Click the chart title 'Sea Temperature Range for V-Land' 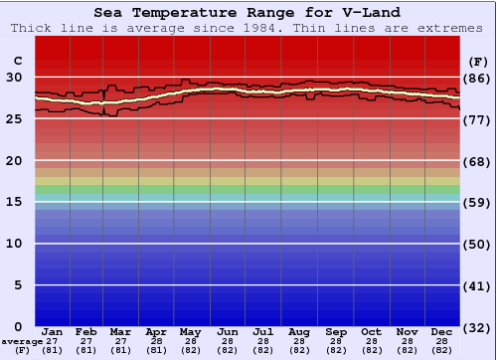coord(248,13)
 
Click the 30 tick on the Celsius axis coord(14,78)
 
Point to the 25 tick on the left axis coord(14,119)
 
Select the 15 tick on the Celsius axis coord(14,202)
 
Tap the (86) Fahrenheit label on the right coord(477,78)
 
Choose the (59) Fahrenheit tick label coord(477,202)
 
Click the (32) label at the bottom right coord(477,327)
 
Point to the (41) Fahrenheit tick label coord(477,285)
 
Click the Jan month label coord(54,331)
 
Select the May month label coord(190,331)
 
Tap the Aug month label coord(299,331)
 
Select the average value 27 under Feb coord(86,341)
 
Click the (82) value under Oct coord(371,350)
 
